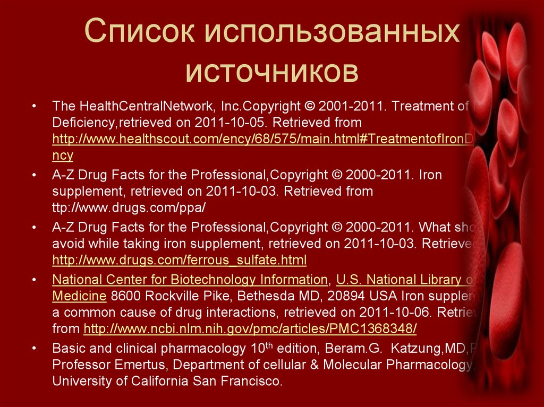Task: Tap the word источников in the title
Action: tap(272, 72)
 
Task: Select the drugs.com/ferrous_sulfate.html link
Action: tap(180, 261)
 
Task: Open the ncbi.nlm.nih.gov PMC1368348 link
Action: tap(250, 329)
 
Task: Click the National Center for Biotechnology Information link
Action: tap(190, 280)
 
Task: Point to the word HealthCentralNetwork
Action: tap(146, 106)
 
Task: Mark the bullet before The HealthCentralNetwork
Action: tap(34, 106)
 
